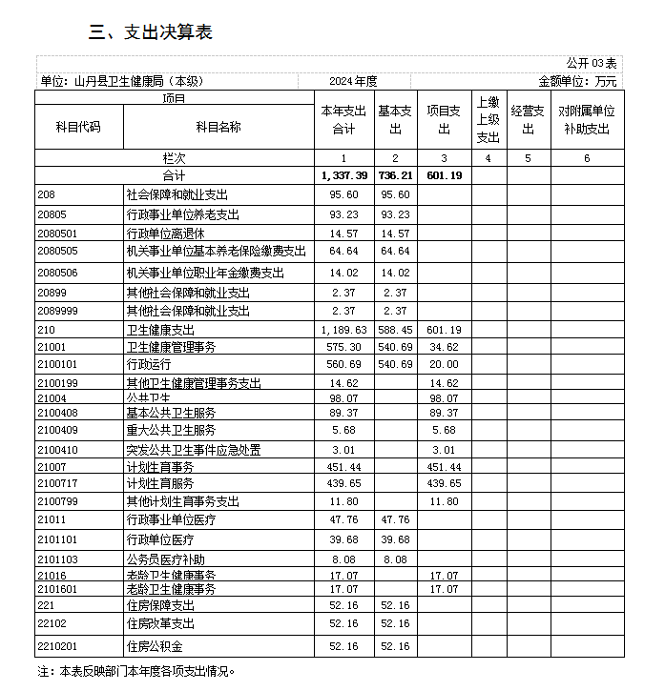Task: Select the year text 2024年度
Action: coord(354,82)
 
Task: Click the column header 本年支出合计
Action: coord(343,120)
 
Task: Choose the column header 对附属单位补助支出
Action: coord(586,120)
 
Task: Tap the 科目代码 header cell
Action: coord(80,127)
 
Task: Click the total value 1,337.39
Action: coord(343,175)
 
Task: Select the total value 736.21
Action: coord(394,175)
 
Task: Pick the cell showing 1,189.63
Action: coord(343,330)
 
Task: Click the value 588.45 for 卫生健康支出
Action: coord(394,330)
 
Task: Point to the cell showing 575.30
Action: coord(343,347)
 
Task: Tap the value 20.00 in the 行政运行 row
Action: coord(444,364)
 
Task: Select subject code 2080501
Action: coord(57,234)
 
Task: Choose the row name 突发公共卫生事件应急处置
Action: coord(194,450)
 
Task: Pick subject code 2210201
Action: coord(57,646)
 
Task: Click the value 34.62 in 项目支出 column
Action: coord(444,347)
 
